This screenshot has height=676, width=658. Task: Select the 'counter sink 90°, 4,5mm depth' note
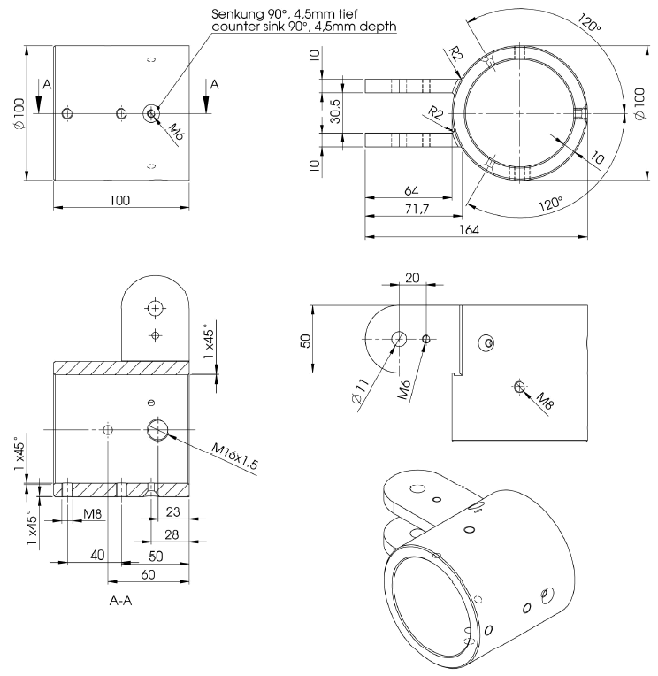point(304,27)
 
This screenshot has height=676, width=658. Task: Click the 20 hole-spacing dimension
point(412,276)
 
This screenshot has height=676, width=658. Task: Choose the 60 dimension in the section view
point(149,575)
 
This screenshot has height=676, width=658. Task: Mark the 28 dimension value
point(172,535)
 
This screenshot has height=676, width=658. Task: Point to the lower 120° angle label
point(551,205)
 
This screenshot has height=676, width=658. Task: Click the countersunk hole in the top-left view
point(151,113)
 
